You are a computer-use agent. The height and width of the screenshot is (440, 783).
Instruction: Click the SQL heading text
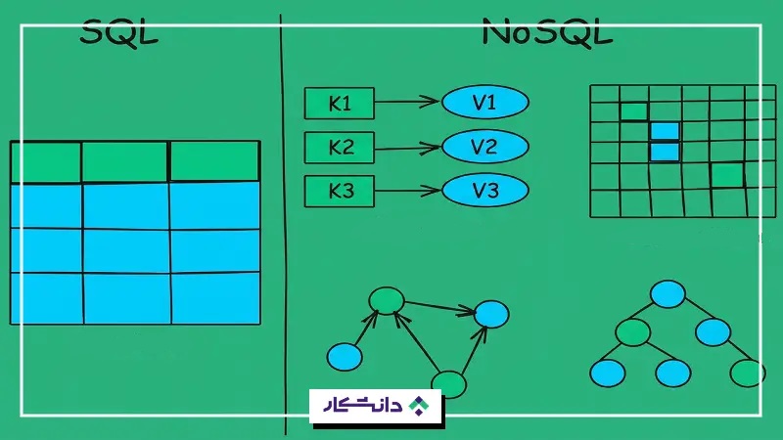[x=118, y=33]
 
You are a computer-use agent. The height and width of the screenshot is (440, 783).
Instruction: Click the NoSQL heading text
[x=547, y=32]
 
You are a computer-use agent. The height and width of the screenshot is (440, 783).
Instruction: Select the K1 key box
[x=339, y=104]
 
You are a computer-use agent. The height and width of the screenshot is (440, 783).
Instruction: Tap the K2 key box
[x=339, y=148]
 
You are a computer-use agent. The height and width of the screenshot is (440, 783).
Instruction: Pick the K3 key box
[x=339, y=191]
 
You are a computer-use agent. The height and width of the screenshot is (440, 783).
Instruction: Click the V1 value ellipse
[x=484, y=103]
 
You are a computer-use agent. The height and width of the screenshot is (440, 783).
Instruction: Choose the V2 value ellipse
[x=484, y=147]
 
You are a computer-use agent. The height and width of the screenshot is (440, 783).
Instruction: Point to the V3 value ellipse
[x=484, y=190]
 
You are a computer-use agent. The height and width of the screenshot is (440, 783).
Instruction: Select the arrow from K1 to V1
[x=407, y=102]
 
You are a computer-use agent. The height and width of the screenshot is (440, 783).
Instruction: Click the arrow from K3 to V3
[x=407, y=191]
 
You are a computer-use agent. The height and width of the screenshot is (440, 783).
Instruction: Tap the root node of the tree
[x=668, y=294]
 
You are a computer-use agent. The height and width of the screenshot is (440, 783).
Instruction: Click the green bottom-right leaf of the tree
[x=747, y=373]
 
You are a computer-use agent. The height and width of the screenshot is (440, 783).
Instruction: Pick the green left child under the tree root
[x=632, y=332]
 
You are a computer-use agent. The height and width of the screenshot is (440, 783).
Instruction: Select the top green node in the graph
[x=387, y=301]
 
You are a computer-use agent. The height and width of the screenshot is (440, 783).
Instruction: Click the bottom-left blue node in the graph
[x=345, y=357]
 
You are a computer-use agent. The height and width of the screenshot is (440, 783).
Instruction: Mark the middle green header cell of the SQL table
[x=125, y=161]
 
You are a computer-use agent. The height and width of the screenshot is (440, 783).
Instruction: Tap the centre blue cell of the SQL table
[x=126, y=251]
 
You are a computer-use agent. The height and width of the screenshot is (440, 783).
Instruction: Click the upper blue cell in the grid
[x=665, y=132]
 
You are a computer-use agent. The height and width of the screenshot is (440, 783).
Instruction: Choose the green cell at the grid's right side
[x=727, y=175]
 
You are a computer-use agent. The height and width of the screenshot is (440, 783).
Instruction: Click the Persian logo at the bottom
[x=376, y=406]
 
